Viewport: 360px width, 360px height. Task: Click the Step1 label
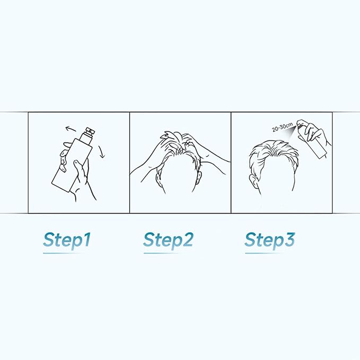pos(67,240)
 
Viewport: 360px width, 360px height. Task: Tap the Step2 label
pos(168,240)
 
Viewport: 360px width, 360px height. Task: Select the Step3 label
pos(269,240)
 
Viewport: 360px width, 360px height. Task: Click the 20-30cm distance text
pos(283,127)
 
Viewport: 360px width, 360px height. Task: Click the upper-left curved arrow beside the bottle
pos(71,129)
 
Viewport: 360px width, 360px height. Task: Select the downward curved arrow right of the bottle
pos(101,152)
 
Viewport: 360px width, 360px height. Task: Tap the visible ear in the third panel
pos(254,181)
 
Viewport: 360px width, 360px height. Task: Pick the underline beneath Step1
pos(64,253)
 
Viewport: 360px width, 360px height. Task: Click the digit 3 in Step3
pos(289,240)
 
